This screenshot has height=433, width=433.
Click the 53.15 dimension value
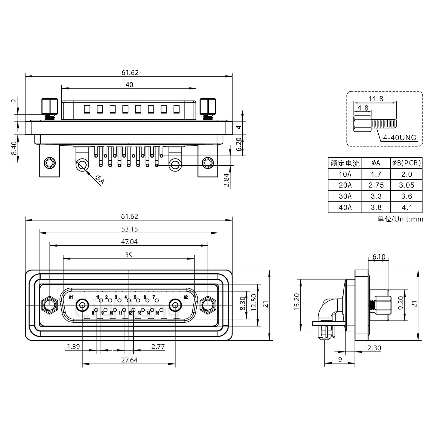[x=129, y=229]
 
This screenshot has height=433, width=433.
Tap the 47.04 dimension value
[x=129, y=242]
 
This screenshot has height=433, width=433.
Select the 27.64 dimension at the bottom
[x=129, y=360]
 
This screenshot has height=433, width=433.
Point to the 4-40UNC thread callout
[x=400, y=138]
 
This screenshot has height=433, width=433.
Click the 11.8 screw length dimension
[x=376, y=99]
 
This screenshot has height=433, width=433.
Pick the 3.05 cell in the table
[x=406, y=185]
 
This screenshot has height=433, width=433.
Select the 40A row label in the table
[x=345, y=207]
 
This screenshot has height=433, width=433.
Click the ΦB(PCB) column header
[x=406, y=163]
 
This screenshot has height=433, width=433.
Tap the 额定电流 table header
[x=345, y=163]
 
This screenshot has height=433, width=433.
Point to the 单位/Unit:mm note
[x=400, y=219]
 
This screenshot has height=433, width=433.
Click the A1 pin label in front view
[x=71, y=297]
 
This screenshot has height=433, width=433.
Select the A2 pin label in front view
[x=186, y=297]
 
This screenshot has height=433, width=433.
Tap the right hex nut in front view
[x=208, y=306]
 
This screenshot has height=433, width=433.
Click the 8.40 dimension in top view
[x=14, y=149]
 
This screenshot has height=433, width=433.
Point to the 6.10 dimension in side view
[x=379, y=257]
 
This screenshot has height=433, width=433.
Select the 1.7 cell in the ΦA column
[x=376, y=174]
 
